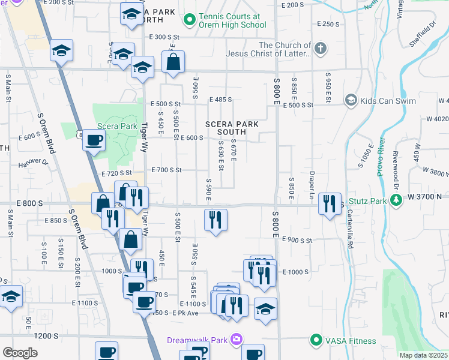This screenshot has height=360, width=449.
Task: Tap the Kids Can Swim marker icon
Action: [351, 101]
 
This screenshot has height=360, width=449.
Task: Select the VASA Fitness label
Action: [351, 341]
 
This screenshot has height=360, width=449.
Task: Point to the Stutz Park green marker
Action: [396, 201]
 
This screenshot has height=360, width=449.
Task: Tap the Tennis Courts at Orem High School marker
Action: [190, 21]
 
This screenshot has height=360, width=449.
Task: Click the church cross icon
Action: [321, 48]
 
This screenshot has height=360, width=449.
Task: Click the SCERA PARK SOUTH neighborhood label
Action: [231, 128]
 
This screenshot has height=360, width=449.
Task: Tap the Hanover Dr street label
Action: [32, 162]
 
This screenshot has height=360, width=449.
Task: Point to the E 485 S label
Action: [220, 100]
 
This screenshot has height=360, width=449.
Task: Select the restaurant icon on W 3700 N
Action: [330, 204]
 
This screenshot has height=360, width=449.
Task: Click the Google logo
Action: [20, 353]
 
